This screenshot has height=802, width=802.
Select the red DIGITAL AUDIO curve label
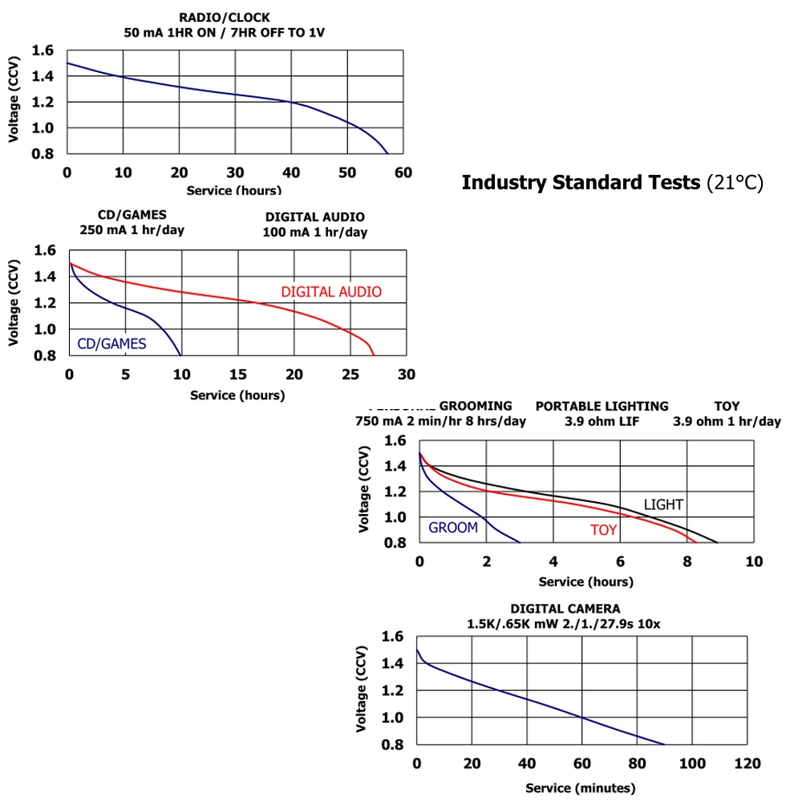pyautogui.click(x=331, y=292)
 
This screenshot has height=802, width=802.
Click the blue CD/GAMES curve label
pyautogui.click(x=111, y=344)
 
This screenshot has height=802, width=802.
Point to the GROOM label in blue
pyautogui.click(x=453, y=527)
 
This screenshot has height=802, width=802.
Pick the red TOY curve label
pyautogui.click(x=604, y=530)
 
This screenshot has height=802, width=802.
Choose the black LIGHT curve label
pyautogui.click(x=663, y=504)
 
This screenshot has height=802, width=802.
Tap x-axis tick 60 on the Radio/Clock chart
pyautogui.click(x=403, y=172)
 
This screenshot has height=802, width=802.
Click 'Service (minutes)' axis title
pyautogui.click(x=581, y=788)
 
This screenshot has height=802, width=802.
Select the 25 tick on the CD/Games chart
pyautogui.click(x=351, y=375)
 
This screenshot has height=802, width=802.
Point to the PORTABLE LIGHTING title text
pyautogui.click(x=601, y=407)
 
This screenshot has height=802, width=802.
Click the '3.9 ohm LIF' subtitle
pyautogui.click(x=601, y=422)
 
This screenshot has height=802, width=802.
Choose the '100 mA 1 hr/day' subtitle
pyautogui.click(x=315, y=232)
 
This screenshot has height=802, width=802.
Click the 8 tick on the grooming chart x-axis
pyautogui.click(x=687, y=561)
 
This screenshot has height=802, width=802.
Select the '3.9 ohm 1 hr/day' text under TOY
pyautogui.click(x=727, y=422)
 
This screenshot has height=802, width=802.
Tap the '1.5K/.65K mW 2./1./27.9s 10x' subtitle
pyautogui.click(x=565, y=623)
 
